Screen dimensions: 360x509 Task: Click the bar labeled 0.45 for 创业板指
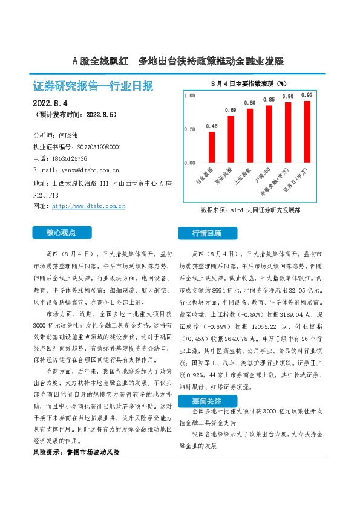(212, 147)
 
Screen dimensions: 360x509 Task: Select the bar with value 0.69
(231, 139)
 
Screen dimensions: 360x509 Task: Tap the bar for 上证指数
(250, 135)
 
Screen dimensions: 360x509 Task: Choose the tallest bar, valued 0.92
(307, 131)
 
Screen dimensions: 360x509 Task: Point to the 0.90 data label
(288, 97)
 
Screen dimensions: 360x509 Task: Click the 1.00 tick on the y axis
(189, 96)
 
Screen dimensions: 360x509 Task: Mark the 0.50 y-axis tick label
(189, 129)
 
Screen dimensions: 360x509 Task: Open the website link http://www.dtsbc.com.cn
(89, 206)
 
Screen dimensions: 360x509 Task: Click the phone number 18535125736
(74, 158)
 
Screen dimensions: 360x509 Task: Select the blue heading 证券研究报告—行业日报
(93, 86)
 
